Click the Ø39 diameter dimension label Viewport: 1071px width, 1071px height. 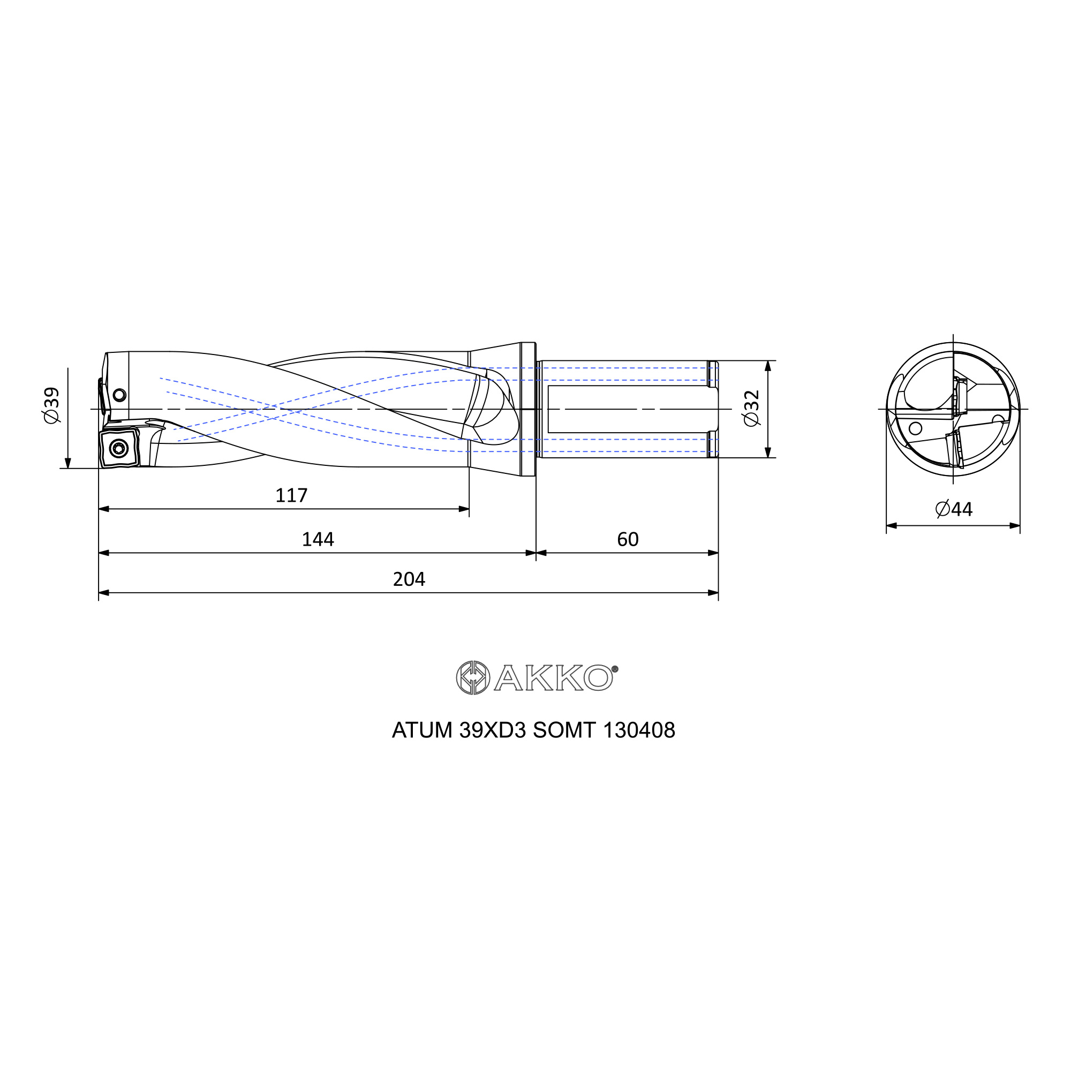tap(51, 405)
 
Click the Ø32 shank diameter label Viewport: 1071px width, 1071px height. tap(751, 409)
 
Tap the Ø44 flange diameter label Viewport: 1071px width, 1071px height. tap(954, 509)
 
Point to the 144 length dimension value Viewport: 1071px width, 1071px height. tap(318, 539)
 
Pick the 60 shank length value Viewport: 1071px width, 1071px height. tap(628, 539)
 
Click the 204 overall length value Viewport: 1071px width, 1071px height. tap(409, 579)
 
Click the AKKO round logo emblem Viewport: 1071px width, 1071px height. tap(472, 677)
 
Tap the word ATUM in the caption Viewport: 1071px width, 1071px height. tap(422, 730)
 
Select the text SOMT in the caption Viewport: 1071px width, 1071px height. tap(564, 730)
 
